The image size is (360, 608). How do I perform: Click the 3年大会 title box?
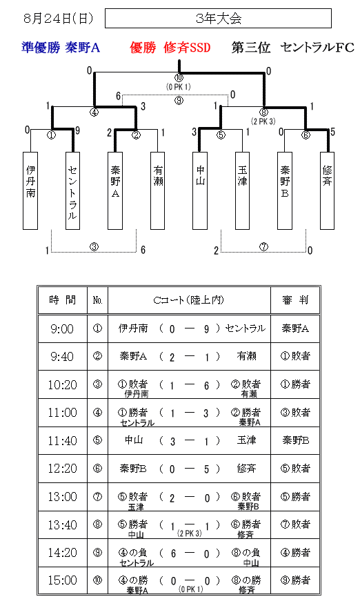click(218, 18)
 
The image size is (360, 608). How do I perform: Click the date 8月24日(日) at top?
click(59, 18)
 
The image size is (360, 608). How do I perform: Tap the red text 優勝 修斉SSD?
click(170, 48)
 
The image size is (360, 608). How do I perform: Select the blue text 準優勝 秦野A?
click(61, 48)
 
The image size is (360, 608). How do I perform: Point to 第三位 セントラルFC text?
click(293, 48)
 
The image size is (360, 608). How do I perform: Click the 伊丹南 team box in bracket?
click(30, 190)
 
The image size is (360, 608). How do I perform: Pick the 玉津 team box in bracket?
click(242, 190)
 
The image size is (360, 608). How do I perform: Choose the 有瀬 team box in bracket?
click(158, 190)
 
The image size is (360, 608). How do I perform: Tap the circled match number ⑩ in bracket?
click(179, 77)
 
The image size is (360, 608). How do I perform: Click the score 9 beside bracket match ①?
click(77, 130)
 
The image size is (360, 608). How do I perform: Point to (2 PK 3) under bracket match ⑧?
click(263, 121)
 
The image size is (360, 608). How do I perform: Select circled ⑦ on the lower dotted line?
click(263, 246)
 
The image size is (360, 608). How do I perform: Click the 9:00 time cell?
click(62, 328)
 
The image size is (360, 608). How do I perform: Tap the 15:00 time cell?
click(62, 580)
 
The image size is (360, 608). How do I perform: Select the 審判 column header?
click(295, 300)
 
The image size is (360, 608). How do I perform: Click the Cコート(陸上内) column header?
click(189, 300)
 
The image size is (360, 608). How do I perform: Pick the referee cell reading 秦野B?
click(295, 440)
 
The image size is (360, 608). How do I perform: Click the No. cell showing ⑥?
click(97, 469)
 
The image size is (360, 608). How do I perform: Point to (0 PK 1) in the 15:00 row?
click(190, 589)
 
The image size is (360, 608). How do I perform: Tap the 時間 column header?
click(62, 300)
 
